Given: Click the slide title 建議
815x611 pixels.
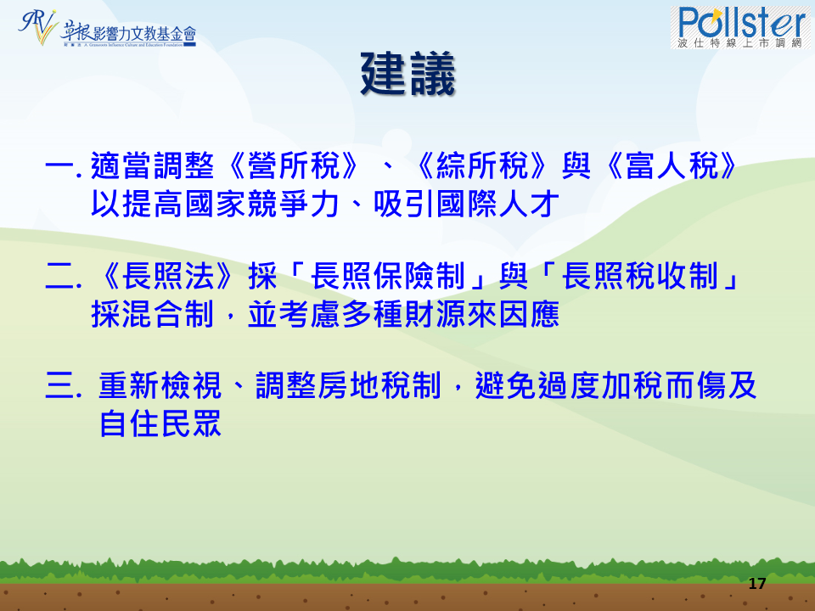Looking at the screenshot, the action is pyautogui.click(x=408, y=74).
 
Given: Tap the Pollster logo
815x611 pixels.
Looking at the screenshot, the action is pyautogui.click(x=739, y=27).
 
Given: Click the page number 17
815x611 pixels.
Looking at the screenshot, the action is pyautogui.click(x=757, y=584).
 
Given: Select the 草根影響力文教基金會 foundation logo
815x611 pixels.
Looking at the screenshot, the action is pyautogui.click(x=108, y=28).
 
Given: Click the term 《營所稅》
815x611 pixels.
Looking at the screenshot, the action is pyautogui.click(x=295, y=166).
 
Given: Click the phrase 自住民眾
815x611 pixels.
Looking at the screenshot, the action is pyautogui.click(x=160, y=424).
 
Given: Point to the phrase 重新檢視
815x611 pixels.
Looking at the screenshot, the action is pyautogui.click(x=160, y=386).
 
